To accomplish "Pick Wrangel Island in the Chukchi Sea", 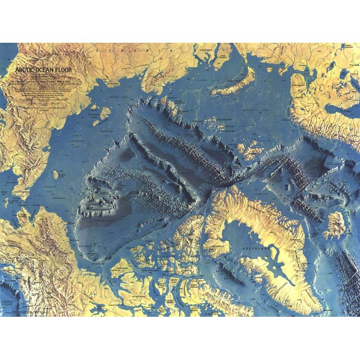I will coord(54,174).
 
